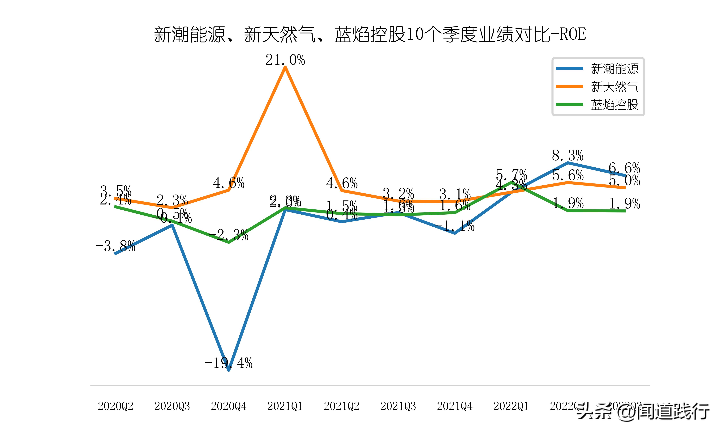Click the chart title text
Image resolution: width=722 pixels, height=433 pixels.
[370, 34]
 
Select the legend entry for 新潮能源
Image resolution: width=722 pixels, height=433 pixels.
[614, 69]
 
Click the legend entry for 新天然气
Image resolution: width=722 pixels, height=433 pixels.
[614, 87]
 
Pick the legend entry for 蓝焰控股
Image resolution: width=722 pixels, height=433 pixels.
[614, 104]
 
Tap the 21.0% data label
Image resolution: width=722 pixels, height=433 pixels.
[285, 60]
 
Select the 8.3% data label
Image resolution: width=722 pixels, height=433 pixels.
[568, 156]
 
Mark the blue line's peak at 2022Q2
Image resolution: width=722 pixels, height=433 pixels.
[568, 162]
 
